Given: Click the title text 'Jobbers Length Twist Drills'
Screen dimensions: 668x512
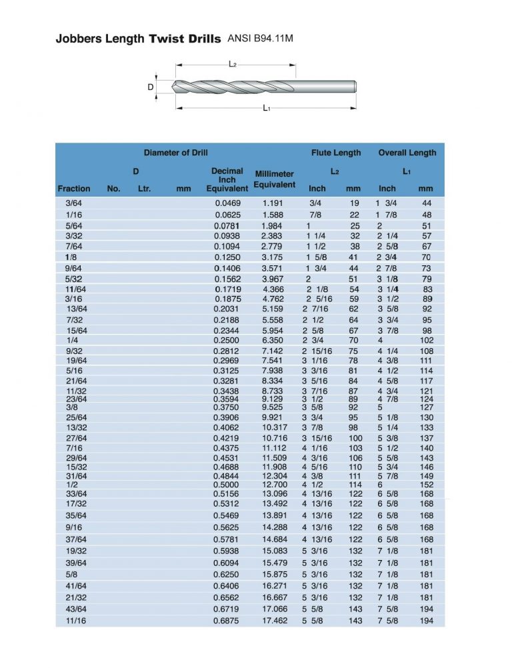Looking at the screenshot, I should coord(138,39).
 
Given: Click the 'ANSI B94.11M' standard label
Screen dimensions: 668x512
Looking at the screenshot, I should coord(261,39).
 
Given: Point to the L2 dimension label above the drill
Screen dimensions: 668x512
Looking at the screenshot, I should coord(233,65).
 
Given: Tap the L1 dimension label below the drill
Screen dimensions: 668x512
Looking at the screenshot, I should coord(266,108).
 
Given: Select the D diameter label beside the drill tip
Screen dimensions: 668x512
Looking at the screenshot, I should coord(151,87).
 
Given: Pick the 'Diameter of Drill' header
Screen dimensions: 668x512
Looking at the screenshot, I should coord(175,153).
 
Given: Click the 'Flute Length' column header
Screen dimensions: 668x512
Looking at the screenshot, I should coord(336,153).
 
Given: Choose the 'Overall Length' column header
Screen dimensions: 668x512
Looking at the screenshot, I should coord(407,153).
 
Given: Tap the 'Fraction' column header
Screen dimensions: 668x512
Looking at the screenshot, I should coord(74,189).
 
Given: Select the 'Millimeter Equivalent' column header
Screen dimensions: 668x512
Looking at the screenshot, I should coord(274,179).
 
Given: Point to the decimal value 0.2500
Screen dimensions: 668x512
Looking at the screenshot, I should coord(227,340).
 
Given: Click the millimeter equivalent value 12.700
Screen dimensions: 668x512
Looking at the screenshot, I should coord(274,485).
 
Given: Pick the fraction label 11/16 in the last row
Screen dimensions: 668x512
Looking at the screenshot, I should coord(75,620).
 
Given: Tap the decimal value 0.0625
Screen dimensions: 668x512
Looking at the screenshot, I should coord(227,215).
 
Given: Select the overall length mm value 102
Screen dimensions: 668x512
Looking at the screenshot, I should coord(425,340).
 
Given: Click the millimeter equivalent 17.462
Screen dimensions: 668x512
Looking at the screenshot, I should coord(274,620).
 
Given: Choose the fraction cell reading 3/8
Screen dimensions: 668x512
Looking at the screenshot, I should coord(71,407).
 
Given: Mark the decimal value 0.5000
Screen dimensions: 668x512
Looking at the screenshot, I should coord(227,485).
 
